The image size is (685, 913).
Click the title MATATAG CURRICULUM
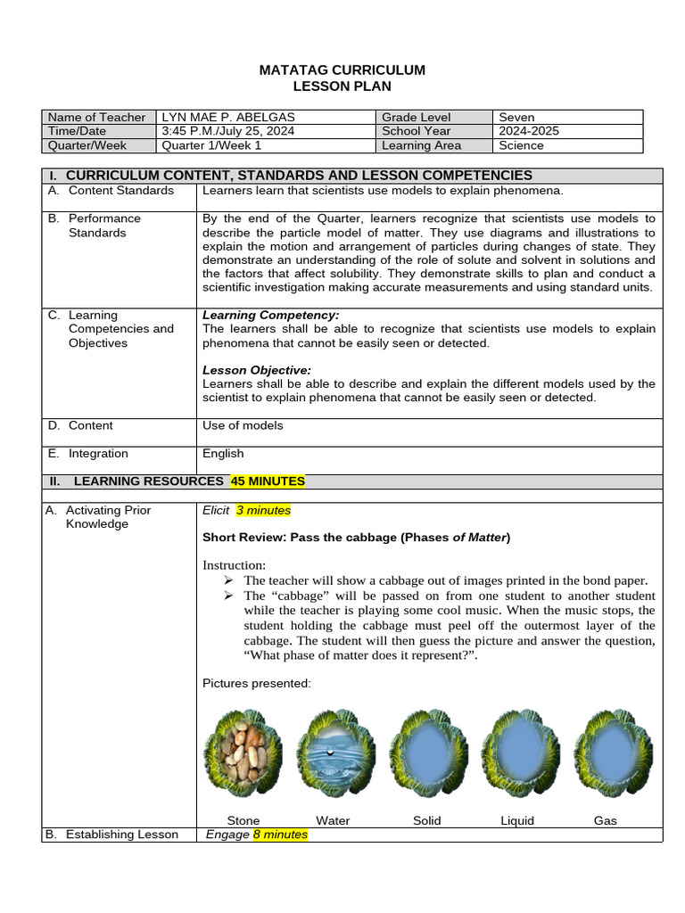342,70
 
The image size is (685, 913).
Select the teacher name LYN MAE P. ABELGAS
226,117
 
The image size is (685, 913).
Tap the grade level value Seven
516,117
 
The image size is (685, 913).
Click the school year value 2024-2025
529,131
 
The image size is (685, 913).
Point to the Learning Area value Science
521,145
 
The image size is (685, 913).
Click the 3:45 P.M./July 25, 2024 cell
227,131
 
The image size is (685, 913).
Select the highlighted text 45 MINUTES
268,481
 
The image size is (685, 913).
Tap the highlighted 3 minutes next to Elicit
263,510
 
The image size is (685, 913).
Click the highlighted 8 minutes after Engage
280,835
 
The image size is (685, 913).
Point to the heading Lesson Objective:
257,370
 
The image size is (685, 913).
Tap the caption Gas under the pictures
605,820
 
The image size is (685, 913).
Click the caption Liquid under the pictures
517,820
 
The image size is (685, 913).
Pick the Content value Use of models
243,425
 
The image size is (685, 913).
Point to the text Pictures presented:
257,683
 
